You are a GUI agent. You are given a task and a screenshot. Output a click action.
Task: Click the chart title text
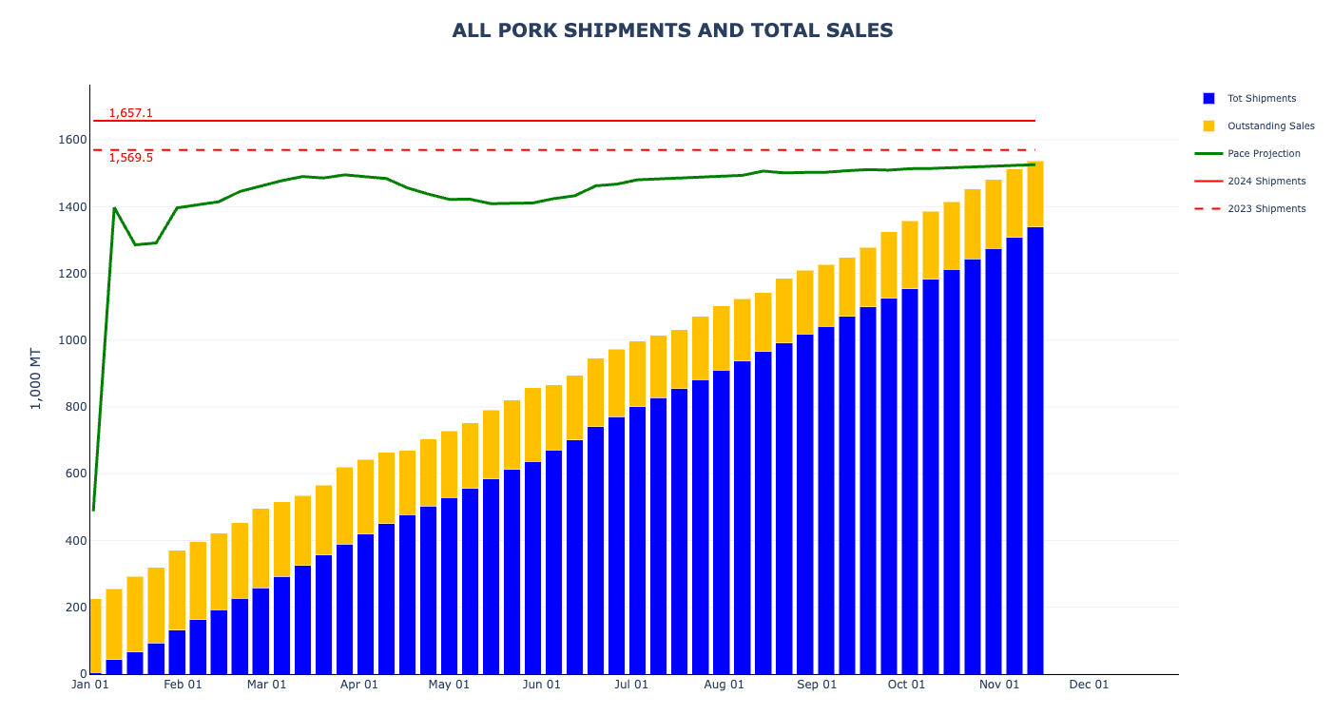pos(672,30)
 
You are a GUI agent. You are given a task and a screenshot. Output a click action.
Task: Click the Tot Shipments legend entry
pos(1261,99)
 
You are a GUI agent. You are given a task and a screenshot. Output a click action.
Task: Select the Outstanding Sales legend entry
pos(1270,126)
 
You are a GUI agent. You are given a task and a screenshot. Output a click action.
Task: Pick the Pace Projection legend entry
pos(1264,154)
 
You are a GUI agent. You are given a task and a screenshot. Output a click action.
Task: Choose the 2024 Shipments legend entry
pos(1266,182)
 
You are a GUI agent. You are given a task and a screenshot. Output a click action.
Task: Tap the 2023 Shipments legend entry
pos(1266,209)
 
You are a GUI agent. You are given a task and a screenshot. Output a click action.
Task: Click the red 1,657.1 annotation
pos(130,113)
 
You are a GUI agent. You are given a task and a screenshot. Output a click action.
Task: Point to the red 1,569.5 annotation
pos(130,158)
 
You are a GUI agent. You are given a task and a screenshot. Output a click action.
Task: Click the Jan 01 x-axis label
pos(90,685)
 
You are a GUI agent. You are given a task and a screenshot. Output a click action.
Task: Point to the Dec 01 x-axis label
pos(1089,685)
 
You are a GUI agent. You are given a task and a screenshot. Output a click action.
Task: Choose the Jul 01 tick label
pos(631,685)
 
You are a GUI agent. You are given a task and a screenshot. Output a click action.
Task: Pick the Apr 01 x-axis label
pos(358,685)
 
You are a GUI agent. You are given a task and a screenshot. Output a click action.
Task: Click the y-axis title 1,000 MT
pos(36,378)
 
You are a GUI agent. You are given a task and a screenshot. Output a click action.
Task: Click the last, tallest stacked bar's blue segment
pos(1034,447)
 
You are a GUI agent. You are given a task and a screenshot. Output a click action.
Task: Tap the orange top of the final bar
pos(1034,194)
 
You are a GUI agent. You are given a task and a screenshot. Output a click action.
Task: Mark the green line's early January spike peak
pos(114,207)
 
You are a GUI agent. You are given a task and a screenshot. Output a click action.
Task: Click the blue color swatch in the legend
pos(1208,99)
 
